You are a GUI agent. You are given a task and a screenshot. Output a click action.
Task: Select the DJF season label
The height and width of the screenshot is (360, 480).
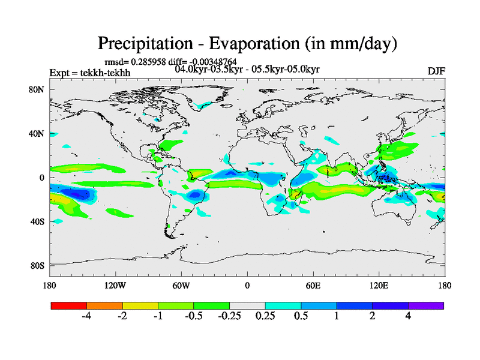[x=436, y=71]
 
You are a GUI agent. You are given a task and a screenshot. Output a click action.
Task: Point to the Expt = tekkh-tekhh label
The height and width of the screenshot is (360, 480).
[x=89, y=73]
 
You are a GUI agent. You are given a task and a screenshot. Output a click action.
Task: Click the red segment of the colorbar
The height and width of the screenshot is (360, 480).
[x=69, y=305]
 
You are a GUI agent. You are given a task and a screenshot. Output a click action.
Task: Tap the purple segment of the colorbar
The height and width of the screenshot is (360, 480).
[x=426, y=305]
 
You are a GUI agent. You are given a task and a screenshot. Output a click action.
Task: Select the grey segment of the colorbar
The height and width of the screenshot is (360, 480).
[x=247, y=305]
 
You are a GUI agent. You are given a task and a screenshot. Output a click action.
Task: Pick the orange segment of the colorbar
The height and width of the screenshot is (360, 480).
[x=104, y=305]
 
